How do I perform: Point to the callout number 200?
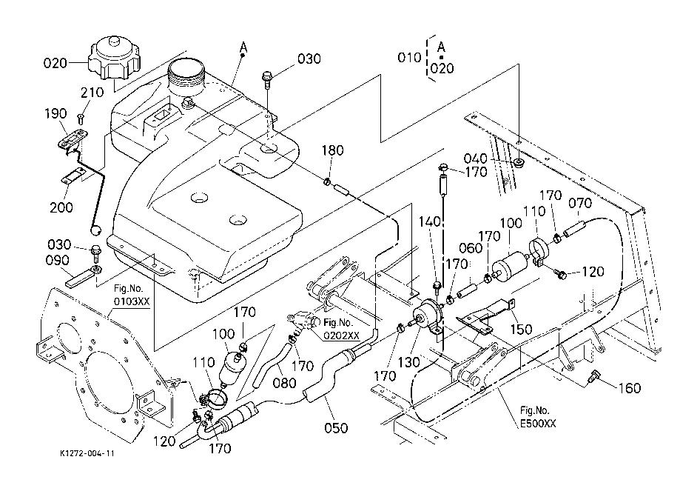pyautogui.click(x=61, y=207)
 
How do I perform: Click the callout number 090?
pyautogui.click(x=56, y=261)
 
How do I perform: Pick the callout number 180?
pyautogui.click(x=333, y=151)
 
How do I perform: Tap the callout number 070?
pyautogui.click(x=579, y=202)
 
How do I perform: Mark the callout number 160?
pyautogui.click(x=630, y=388)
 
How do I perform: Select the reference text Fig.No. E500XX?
pyautogui.click(x=536, y=417)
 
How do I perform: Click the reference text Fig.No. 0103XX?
pyautogui.click(x=131, y=296)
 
